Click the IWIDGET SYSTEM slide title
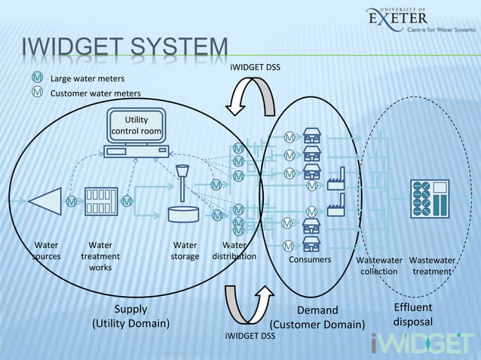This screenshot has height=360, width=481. pos(125,49)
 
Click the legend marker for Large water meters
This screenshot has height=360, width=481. pos(36,78)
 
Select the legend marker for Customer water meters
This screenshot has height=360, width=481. pos(36,92)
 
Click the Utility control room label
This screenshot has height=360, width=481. pos(136,126)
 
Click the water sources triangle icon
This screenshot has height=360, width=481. pos(44,201)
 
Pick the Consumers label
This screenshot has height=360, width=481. pos(310,260)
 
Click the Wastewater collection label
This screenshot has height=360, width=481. pos(378,266)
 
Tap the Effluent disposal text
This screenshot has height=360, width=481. pos(413,315)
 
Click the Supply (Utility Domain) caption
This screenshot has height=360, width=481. pos(130,316)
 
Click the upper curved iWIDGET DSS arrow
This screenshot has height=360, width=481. pos(252,96)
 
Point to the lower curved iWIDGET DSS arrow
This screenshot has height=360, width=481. pos(250,304)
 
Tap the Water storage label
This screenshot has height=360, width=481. pos(185,251)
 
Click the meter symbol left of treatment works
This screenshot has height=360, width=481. pos(72,201)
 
